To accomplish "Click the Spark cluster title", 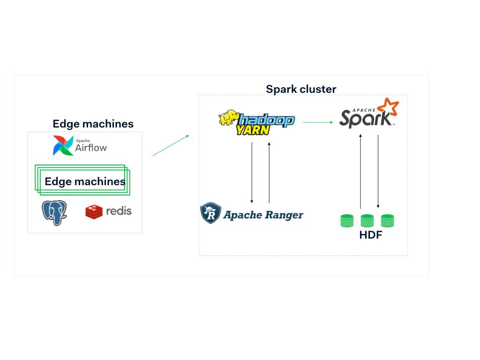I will point(301,89).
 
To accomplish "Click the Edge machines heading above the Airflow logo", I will point(93,124).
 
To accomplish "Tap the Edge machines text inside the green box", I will point(85,181).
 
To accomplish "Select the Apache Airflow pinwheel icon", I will point(63,145).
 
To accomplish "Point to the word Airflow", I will point(91,148).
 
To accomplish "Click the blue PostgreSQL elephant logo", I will point(54,212).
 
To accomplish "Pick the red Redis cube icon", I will point(94,211).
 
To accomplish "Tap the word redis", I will point(119,210).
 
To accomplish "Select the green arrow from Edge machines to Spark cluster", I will point(171,145).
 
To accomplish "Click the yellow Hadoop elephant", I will point(228,118).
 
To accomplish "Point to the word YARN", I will point(253,129).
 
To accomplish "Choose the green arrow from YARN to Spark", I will point(318,122).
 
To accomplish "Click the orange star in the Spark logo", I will point(390,108).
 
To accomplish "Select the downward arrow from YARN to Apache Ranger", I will point(252,172).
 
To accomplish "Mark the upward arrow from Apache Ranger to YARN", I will point(269,172).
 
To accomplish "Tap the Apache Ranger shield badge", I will point(211,213).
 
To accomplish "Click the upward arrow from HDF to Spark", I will point(360,171).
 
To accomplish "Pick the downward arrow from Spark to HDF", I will point(378,171).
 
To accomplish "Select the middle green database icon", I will point(367,220).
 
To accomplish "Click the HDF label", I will point(370,235).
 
